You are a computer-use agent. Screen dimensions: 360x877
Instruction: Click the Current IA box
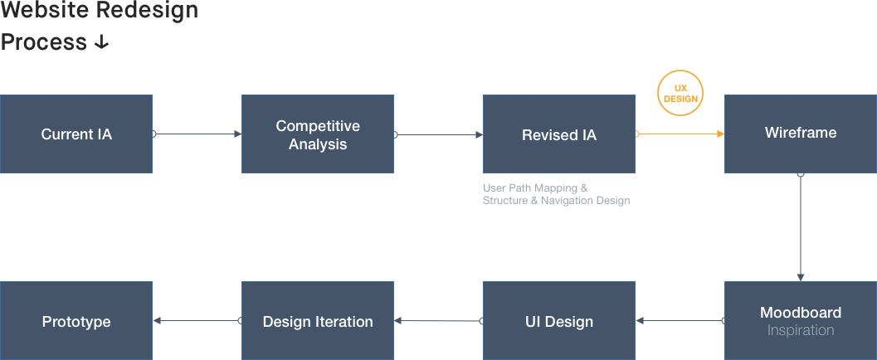pos(76,134)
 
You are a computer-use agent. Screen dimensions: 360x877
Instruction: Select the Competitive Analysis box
pos(318,134)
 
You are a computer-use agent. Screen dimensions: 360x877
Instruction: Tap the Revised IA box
pos(559,134)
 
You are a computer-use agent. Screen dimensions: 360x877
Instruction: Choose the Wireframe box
pos(800,134)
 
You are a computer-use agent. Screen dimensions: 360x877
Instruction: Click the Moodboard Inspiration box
pos(800,320)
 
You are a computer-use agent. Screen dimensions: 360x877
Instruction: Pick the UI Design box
pos(559,321)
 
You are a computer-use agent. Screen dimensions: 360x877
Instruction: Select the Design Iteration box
pos(318,321)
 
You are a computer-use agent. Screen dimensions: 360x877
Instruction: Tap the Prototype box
pos(76,321)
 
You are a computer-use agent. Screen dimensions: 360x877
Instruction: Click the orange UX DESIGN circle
pos(680,94)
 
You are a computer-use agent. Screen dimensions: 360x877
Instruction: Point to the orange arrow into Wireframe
pos(680,134)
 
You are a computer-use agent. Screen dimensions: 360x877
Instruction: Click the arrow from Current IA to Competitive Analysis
pos(197,134)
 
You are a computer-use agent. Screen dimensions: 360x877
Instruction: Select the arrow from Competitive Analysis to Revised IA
pos(439,134)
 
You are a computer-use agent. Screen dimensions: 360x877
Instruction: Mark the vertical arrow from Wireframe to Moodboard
pos(801,227)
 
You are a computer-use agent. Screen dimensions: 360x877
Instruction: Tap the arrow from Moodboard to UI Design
pos(680,321)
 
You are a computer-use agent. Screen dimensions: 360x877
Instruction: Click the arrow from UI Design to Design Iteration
pos(439,321)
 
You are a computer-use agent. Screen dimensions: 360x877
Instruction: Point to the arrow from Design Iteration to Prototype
pos(197,321)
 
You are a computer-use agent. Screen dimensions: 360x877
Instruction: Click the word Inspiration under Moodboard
pos(800,330)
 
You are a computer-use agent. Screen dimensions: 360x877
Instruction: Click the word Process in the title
pos(44,42)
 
